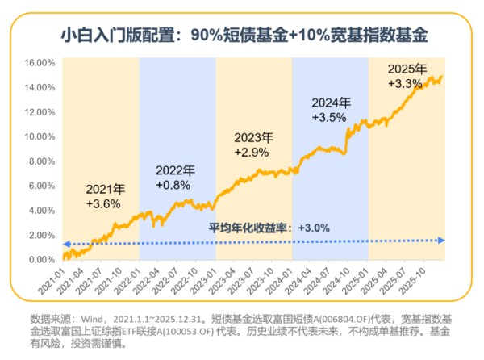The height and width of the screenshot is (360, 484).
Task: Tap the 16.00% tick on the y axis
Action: pyautogui.click(x=39, y=62)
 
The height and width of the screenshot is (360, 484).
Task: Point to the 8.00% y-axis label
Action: pyautogui.click(x=40, y=161)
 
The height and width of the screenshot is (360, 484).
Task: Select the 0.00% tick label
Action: pyautogui.click(x=40, y=260)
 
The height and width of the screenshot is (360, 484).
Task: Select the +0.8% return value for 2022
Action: pyautogui.click(x=173, y=185)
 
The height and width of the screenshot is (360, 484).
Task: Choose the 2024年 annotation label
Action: pyautogui.click(x=330, y=103)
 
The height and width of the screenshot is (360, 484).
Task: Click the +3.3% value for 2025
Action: pyautogui.click(x=406, y=82)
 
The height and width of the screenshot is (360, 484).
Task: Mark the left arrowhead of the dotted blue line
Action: pyautogui.click(x=65, y=242)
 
